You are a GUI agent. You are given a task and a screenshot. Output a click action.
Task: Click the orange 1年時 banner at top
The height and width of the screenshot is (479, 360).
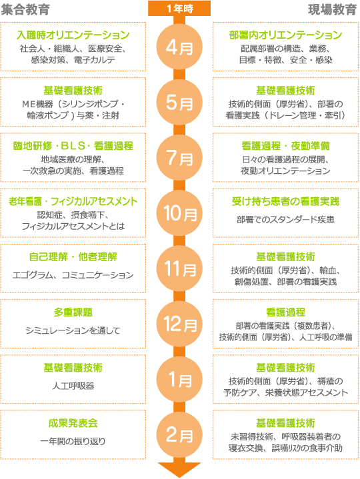click(179, 8)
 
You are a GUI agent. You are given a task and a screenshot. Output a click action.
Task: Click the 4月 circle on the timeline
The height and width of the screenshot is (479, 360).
click(179, 47)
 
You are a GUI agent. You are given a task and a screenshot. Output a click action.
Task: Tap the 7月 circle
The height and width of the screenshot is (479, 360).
click(179, 158)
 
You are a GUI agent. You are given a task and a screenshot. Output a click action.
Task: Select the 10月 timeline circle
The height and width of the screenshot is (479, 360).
click(179, 213)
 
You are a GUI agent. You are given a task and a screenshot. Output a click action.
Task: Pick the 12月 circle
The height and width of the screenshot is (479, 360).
click(179, 324)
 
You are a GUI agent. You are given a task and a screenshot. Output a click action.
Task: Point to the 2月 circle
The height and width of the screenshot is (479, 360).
click(179, 435)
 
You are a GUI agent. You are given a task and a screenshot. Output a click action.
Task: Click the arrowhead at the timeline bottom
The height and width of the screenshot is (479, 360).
click(179, 470)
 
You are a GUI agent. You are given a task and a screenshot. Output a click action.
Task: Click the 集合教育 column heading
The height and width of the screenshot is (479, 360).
click(25, 9)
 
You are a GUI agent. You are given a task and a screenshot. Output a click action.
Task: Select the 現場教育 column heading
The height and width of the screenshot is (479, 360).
click(332, 9)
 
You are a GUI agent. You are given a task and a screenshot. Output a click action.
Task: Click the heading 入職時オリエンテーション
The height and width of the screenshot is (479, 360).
click(73, 35)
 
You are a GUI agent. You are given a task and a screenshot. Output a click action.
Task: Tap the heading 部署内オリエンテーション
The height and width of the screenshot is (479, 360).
click(285, 35)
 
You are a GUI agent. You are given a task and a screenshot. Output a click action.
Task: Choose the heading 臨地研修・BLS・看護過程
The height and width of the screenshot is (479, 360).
click(73, 146)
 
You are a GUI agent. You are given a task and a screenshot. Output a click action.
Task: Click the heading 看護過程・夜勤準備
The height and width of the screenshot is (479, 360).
click(285, 146)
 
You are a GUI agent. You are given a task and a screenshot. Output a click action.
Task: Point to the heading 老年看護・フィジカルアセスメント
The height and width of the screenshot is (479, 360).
click(73, 201)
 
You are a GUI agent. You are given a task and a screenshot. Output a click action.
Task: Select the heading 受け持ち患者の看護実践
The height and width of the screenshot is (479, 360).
click(285, 201)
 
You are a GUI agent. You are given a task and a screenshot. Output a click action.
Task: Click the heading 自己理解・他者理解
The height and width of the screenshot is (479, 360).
click(73, 256)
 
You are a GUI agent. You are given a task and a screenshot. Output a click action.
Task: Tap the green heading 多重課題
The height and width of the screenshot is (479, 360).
click(73, 312)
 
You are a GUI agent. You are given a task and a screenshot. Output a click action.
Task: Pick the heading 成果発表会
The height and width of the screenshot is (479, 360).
click(73, 423)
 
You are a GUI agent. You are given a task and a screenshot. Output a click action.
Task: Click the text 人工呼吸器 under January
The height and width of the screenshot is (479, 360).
click(73, 386)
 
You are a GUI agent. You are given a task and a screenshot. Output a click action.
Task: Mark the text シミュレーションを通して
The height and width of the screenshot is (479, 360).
click(73, 330)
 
